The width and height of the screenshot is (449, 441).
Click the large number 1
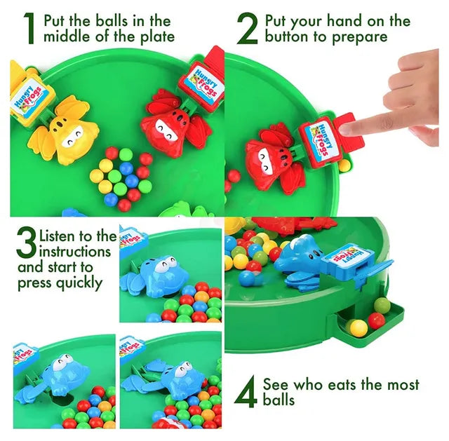point(29,29)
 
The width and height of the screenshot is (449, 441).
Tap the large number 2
point(247,29)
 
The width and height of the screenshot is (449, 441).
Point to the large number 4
point(245,393)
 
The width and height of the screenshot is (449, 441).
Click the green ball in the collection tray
point(382,305)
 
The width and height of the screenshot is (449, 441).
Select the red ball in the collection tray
point(376,320)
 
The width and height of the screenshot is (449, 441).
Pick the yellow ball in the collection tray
point(358,327)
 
